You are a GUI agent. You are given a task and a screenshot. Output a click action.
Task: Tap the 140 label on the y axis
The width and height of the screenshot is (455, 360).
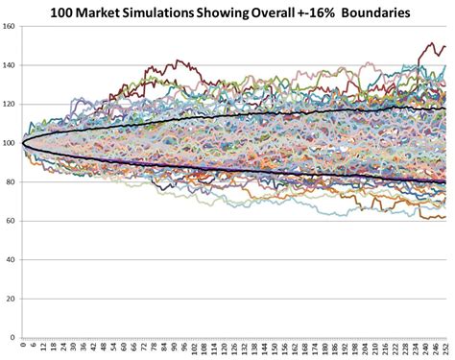(x=10, y=65)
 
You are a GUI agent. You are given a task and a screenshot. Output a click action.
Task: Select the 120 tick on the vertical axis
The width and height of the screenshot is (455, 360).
(x=10, y=104)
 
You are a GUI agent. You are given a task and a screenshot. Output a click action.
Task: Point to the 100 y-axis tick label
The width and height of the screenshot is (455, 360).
(x=10, y=143)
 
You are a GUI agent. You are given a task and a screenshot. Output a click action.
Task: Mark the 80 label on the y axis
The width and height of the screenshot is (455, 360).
(x=12, y=181)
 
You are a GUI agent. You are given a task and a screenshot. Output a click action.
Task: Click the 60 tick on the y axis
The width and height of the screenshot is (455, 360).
(x=12, y=220)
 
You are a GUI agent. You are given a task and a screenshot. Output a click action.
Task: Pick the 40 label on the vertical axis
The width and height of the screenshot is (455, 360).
(x=12, y=259)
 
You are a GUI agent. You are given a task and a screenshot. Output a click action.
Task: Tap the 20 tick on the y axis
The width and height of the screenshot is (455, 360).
(x=12, y=298)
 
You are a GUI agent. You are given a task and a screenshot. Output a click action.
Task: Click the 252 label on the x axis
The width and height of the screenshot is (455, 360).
(x=445, y=346)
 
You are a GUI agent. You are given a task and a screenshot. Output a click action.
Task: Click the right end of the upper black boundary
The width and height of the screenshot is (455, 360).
(x=446, y=108)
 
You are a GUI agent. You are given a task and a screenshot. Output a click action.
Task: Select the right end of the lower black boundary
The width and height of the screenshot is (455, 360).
(x=446, y=181)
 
